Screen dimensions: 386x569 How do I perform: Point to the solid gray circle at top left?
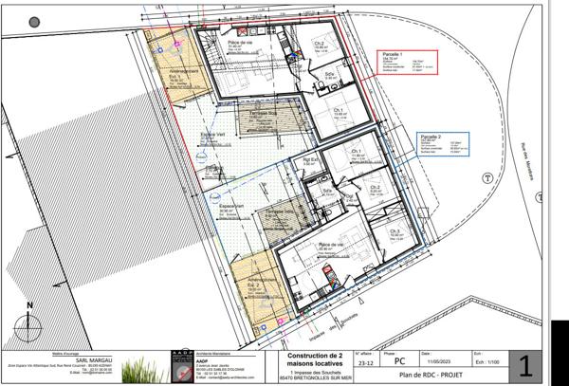coord(35,21)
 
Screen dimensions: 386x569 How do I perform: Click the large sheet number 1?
coord(527,364)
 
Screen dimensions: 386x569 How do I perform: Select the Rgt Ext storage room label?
coord(309,159)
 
